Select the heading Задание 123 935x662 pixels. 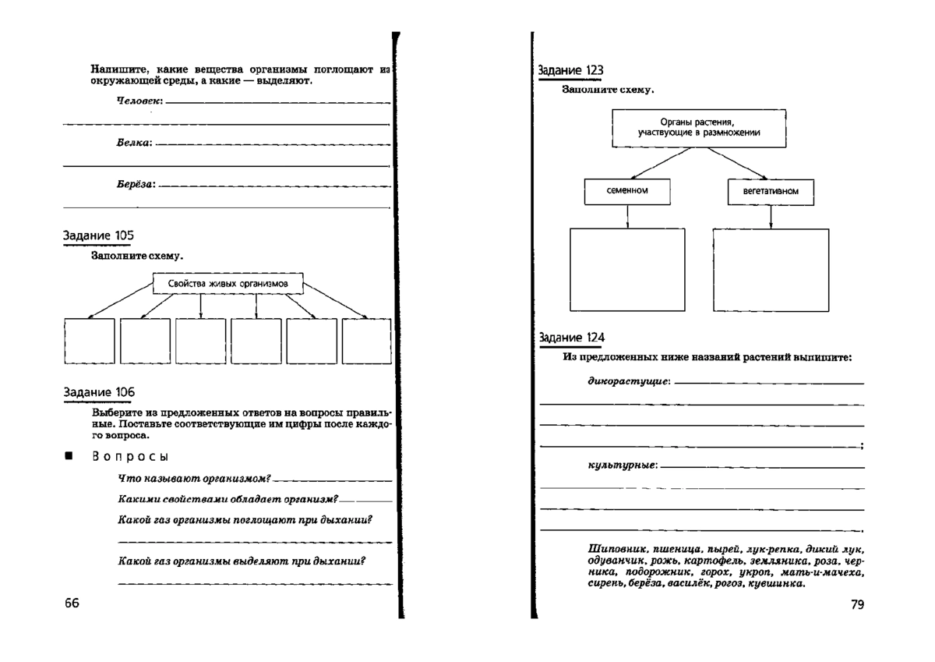(x=571, y=70)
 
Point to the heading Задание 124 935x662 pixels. (x=571, y=338)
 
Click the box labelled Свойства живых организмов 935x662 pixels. (x=228, y=284)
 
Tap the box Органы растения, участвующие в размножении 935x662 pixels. (x=698, y=127)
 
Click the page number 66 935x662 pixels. (x=72, y=604)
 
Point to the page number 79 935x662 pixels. (x=857, y=604)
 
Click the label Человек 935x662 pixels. (x=139, y=102)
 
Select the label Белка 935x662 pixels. (x=134, y=143)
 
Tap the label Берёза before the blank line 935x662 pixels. (x=136, y=186)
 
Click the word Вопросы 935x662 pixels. (x=130, y=456)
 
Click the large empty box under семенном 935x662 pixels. (x=627, y=269)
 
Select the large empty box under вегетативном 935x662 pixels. (x=771, y=269)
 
